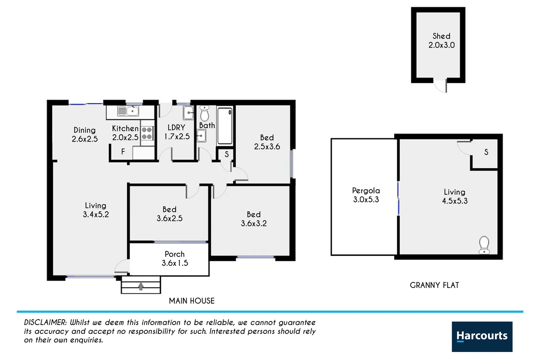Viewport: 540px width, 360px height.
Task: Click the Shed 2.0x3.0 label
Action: tap(441, 40)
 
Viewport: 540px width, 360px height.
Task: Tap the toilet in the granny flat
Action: tap(484, 245)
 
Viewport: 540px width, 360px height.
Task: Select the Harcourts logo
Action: tap(482, 336)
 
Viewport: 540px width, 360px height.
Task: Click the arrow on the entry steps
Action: tap(141, 286)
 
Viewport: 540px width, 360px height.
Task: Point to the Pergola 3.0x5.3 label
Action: tap(366, 195)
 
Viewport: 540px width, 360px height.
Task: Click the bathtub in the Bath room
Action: tap(225, 126)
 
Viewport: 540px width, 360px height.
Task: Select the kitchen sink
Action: tap(128, 111)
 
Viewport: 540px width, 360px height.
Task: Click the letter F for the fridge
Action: tap(123, 152)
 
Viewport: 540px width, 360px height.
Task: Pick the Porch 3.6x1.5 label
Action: tap(175, 259)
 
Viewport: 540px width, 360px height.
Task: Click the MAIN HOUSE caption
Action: tap(192, 301)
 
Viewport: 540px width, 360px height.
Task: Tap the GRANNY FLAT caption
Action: tap(434, 285)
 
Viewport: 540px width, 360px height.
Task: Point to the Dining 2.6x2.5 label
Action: tap(85, 134)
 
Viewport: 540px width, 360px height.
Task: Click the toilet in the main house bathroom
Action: tap(204, 114)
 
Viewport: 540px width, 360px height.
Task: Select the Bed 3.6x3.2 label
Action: tap(254, 219)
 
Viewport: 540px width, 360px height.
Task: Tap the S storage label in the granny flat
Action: tap(486, 152)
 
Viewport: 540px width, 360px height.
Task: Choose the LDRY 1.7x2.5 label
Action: tap(177, 132)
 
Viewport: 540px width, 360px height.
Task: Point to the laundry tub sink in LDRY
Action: tap(188, 113)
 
